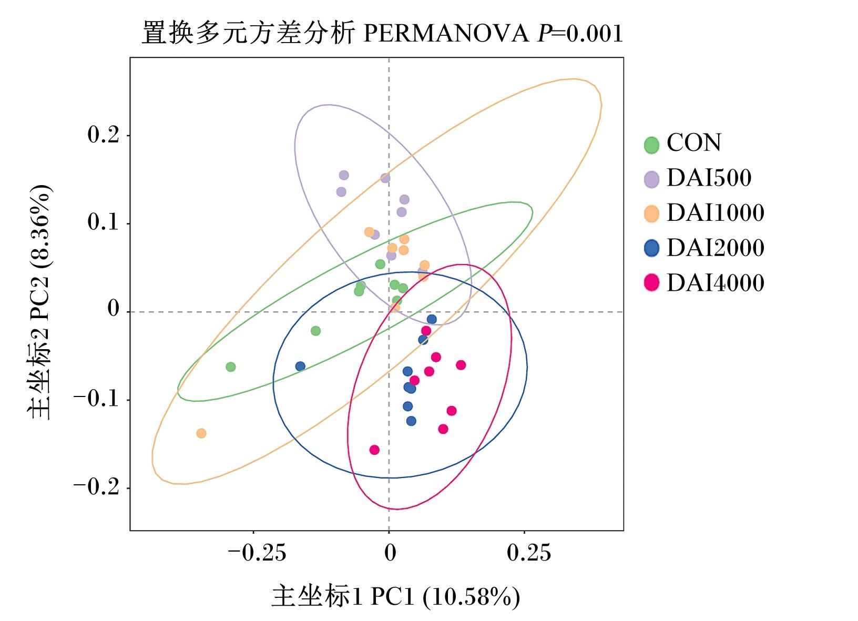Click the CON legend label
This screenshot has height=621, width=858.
pos(693,142)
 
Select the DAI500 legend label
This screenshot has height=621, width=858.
pos(709,178)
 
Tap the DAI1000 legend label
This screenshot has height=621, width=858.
pos(716,212)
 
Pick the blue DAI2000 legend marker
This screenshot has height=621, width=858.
pos(651,248)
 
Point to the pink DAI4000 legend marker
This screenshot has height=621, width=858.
pos(651,283)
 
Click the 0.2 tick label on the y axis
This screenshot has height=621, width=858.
pos(104,135)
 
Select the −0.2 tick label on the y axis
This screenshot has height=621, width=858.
pos(96,487)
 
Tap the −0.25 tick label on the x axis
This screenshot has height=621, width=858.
pos(257,553)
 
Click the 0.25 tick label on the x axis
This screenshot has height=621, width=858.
pos(528,553)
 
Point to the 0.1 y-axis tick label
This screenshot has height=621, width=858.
pos(104,222)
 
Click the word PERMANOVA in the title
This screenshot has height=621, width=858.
pos(446,34)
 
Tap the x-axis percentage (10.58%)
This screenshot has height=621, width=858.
pos(472,596)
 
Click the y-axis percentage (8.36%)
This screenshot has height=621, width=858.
pos(39,227)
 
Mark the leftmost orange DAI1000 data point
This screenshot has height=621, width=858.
pos(201,433)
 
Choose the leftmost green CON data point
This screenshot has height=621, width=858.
pos(231,367)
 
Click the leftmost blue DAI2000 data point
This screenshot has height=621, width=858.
pos(300,367)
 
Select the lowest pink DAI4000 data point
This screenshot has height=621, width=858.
pos(374,450)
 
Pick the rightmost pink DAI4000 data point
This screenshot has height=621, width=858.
pos(461,365)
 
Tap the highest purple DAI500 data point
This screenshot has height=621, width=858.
pos(344,176)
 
